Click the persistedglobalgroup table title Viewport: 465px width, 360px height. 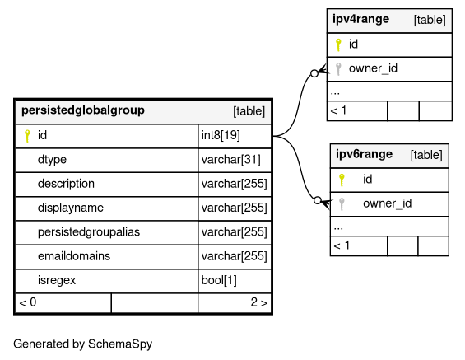click(x=83, y=110)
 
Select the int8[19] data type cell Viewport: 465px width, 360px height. click(x=221, y=135)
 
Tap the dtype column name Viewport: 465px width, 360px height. click(x=52, y=160)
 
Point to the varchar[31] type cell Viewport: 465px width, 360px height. click(x=230, y=160)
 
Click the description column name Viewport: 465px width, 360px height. click(x=66, y=184)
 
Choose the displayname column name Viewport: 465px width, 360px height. click(x=71, y=208)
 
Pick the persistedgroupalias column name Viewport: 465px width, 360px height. click(x=89, y=232)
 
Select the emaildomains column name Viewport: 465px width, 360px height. click(x=74, y=256)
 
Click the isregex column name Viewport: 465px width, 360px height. click(x=57, y=280)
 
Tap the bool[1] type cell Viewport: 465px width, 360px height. click(x=219, y=280)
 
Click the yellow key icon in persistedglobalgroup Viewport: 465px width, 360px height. click(x=27, y=136)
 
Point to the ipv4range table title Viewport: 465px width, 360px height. click(x=361, y=19)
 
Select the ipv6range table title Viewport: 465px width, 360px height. click(x=364, y=154)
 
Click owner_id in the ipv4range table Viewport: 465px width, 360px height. click(x=373, y=68)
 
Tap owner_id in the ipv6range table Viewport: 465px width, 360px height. click(x=388, y=203)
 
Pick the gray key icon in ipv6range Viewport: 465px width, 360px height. click(x=342, y=204)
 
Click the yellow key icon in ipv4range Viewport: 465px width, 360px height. click(x=338, y=44)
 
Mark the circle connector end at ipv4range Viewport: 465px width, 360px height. click(x=314, y=73)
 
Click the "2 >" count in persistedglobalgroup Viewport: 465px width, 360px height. click(x=259, y=302)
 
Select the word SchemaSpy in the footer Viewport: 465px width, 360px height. click(x=120, y=344)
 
